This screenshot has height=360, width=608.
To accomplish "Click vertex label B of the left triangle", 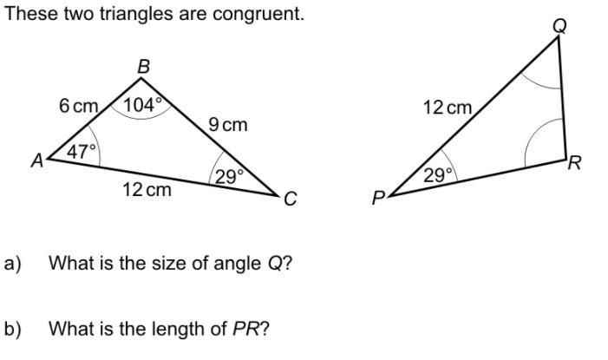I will coord(144,65).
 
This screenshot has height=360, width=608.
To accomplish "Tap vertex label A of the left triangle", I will coord(37,160).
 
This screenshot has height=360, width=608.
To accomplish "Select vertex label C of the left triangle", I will coord(290,200).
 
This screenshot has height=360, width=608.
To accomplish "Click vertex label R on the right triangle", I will coord(573,163).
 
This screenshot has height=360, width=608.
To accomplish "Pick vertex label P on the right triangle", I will coord(378,200).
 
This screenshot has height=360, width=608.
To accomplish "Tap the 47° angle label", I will coord(82,151).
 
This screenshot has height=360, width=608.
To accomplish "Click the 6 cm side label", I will coord(78,106).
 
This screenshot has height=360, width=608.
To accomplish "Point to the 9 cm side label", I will coord(228,124).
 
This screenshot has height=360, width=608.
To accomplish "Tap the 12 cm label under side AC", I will coord(147,189).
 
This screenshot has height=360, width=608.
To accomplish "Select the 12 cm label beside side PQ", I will coord(448,108).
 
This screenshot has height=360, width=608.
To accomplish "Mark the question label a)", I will coord(12,263).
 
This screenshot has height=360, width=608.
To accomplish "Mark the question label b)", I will coord(12,329).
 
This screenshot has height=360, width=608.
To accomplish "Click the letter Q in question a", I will coord(274,263).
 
